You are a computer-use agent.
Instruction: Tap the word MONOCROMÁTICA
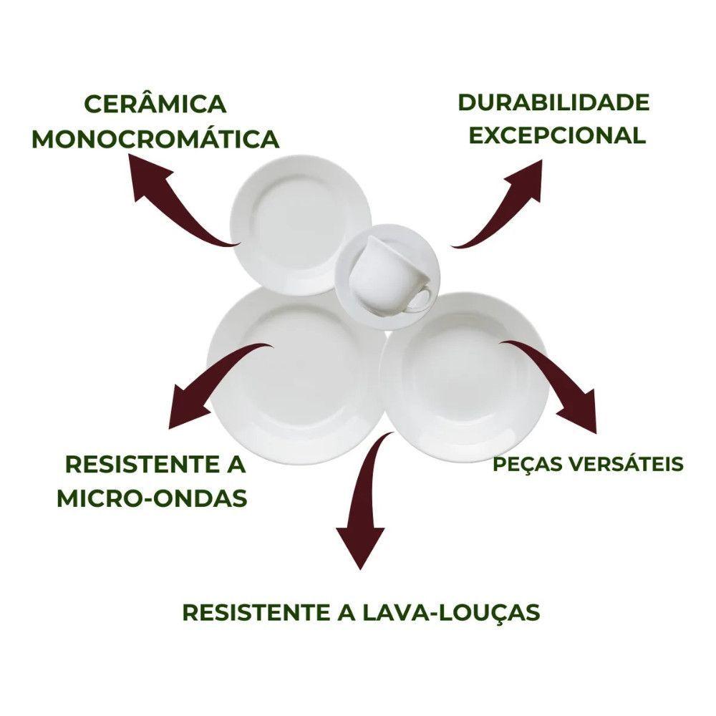click(x=155, y=139)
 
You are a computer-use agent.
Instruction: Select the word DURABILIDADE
click(x=553, y=102)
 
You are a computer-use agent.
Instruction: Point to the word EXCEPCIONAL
click(x=558, y=135)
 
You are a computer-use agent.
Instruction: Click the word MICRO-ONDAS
click(x=153, y=498)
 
